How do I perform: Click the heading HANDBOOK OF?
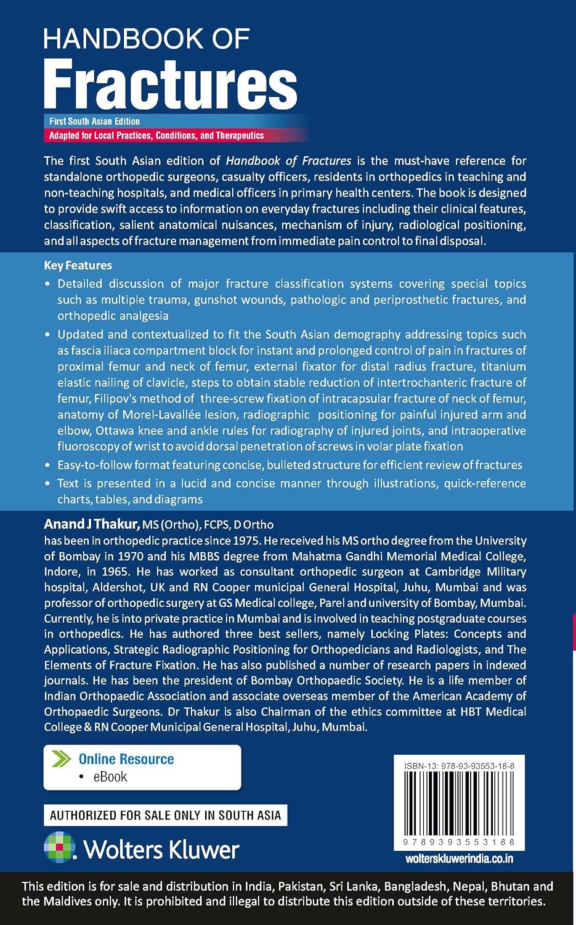pyautogui.click(x=147, y=39)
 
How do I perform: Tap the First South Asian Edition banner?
pyautogui.click(x=95, y=121)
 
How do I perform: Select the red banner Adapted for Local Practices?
pyautogui.click(x=156, y=136)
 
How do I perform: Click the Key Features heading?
pyautogui.click(x=78, y=266)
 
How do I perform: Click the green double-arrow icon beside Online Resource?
pyautogui.click(x=62, y=758)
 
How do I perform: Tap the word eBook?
pyautogui.click(x=110, y=777)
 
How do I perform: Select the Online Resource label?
pyautogui.click(x=126, y=759)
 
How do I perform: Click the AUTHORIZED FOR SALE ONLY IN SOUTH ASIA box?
pyautogui.click(x=165, y=815)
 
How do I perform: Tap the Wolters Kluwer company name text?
pyautogui.click(x=161, y=850)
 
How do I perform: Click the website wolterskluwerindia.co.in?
pyautogui.click(x=460, y=858)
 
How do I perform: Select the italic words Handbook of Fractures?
pyautogui.click(x=288, y=161)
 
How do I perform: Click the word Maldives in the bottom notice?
pyautogui.click(x=73, y=901)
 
